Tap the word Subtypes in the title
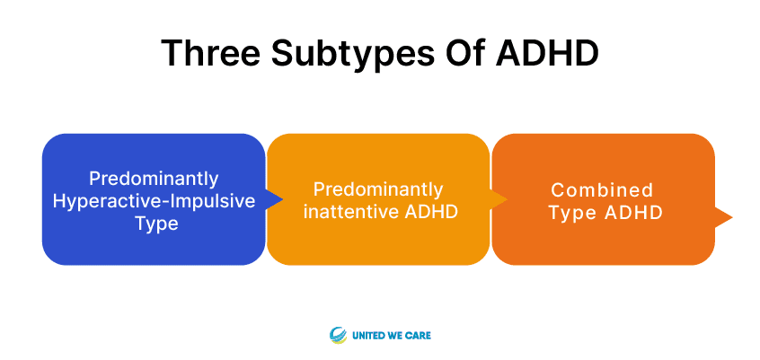(x=353, y=53)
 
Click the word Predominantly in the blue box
(x=154, y=179)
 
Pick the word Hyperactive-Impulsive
(x=154, y=201)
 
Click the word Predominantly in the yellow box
(x=378, y=189)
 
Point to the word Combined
(x=602, y=190)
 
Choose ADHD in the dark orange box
(x=633, y=213)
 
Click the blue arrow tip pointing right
(x=283, y=199)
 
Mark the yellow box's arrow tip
(x=507, y=199)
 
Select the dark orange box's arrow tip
(x=732, y=217)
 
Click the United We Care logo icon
(x=339, y=335)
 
